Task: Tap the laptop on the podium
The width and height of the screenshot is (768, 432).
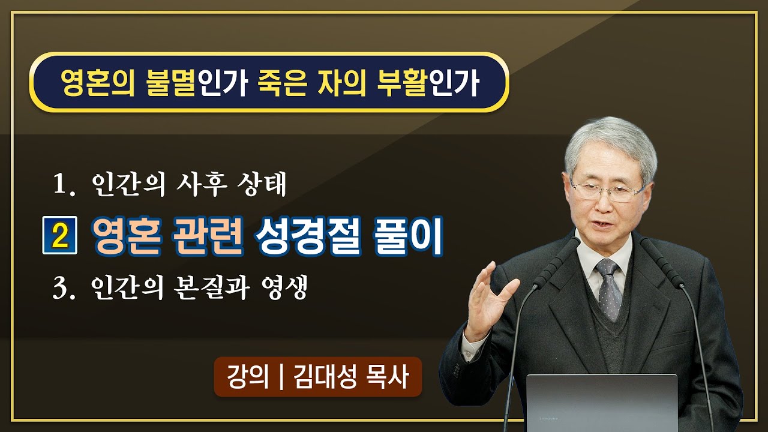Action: click(x=601, y=402)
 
